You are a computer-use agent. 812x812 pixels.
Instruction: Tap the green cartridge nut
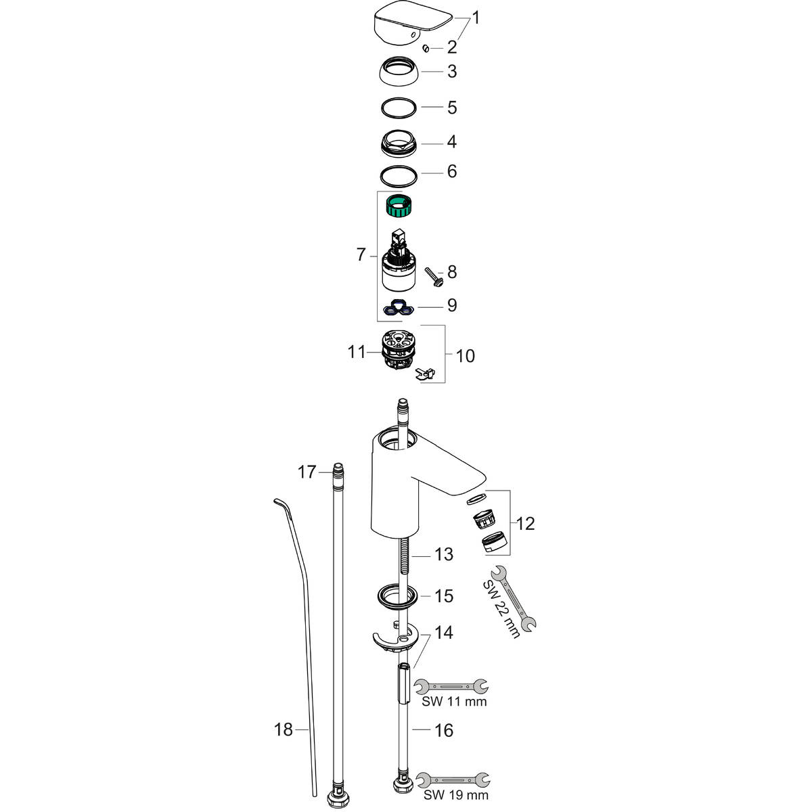400,204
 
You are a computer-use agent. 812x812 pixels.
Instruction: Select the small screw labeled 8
433,275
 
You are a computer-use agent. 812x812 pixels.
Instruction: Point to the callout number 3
452,71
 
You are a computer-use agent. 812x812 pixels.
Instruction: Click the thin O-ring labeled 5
399,107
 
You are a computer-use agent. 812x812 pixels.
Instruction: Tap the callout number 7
361,255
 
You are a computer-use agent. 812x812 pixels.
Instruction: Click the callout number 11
357,352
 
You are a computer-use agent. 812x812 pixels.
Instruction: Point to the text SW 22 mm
501,609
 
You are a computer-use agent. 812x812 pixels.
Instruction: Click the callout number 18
284,729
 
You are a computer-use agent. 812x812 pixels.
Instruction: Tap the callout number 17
307,472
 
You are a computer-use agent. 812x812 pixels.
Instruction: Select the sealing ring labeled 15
396,596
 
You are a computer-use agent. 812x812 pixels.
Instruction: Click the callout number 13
444,555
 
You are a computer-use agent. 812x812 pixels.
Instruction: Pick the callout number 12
525,523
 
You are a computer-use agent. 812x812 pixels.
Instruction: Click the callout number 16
444,730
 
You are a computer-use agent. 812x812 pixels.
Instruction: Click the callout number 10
466,355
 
